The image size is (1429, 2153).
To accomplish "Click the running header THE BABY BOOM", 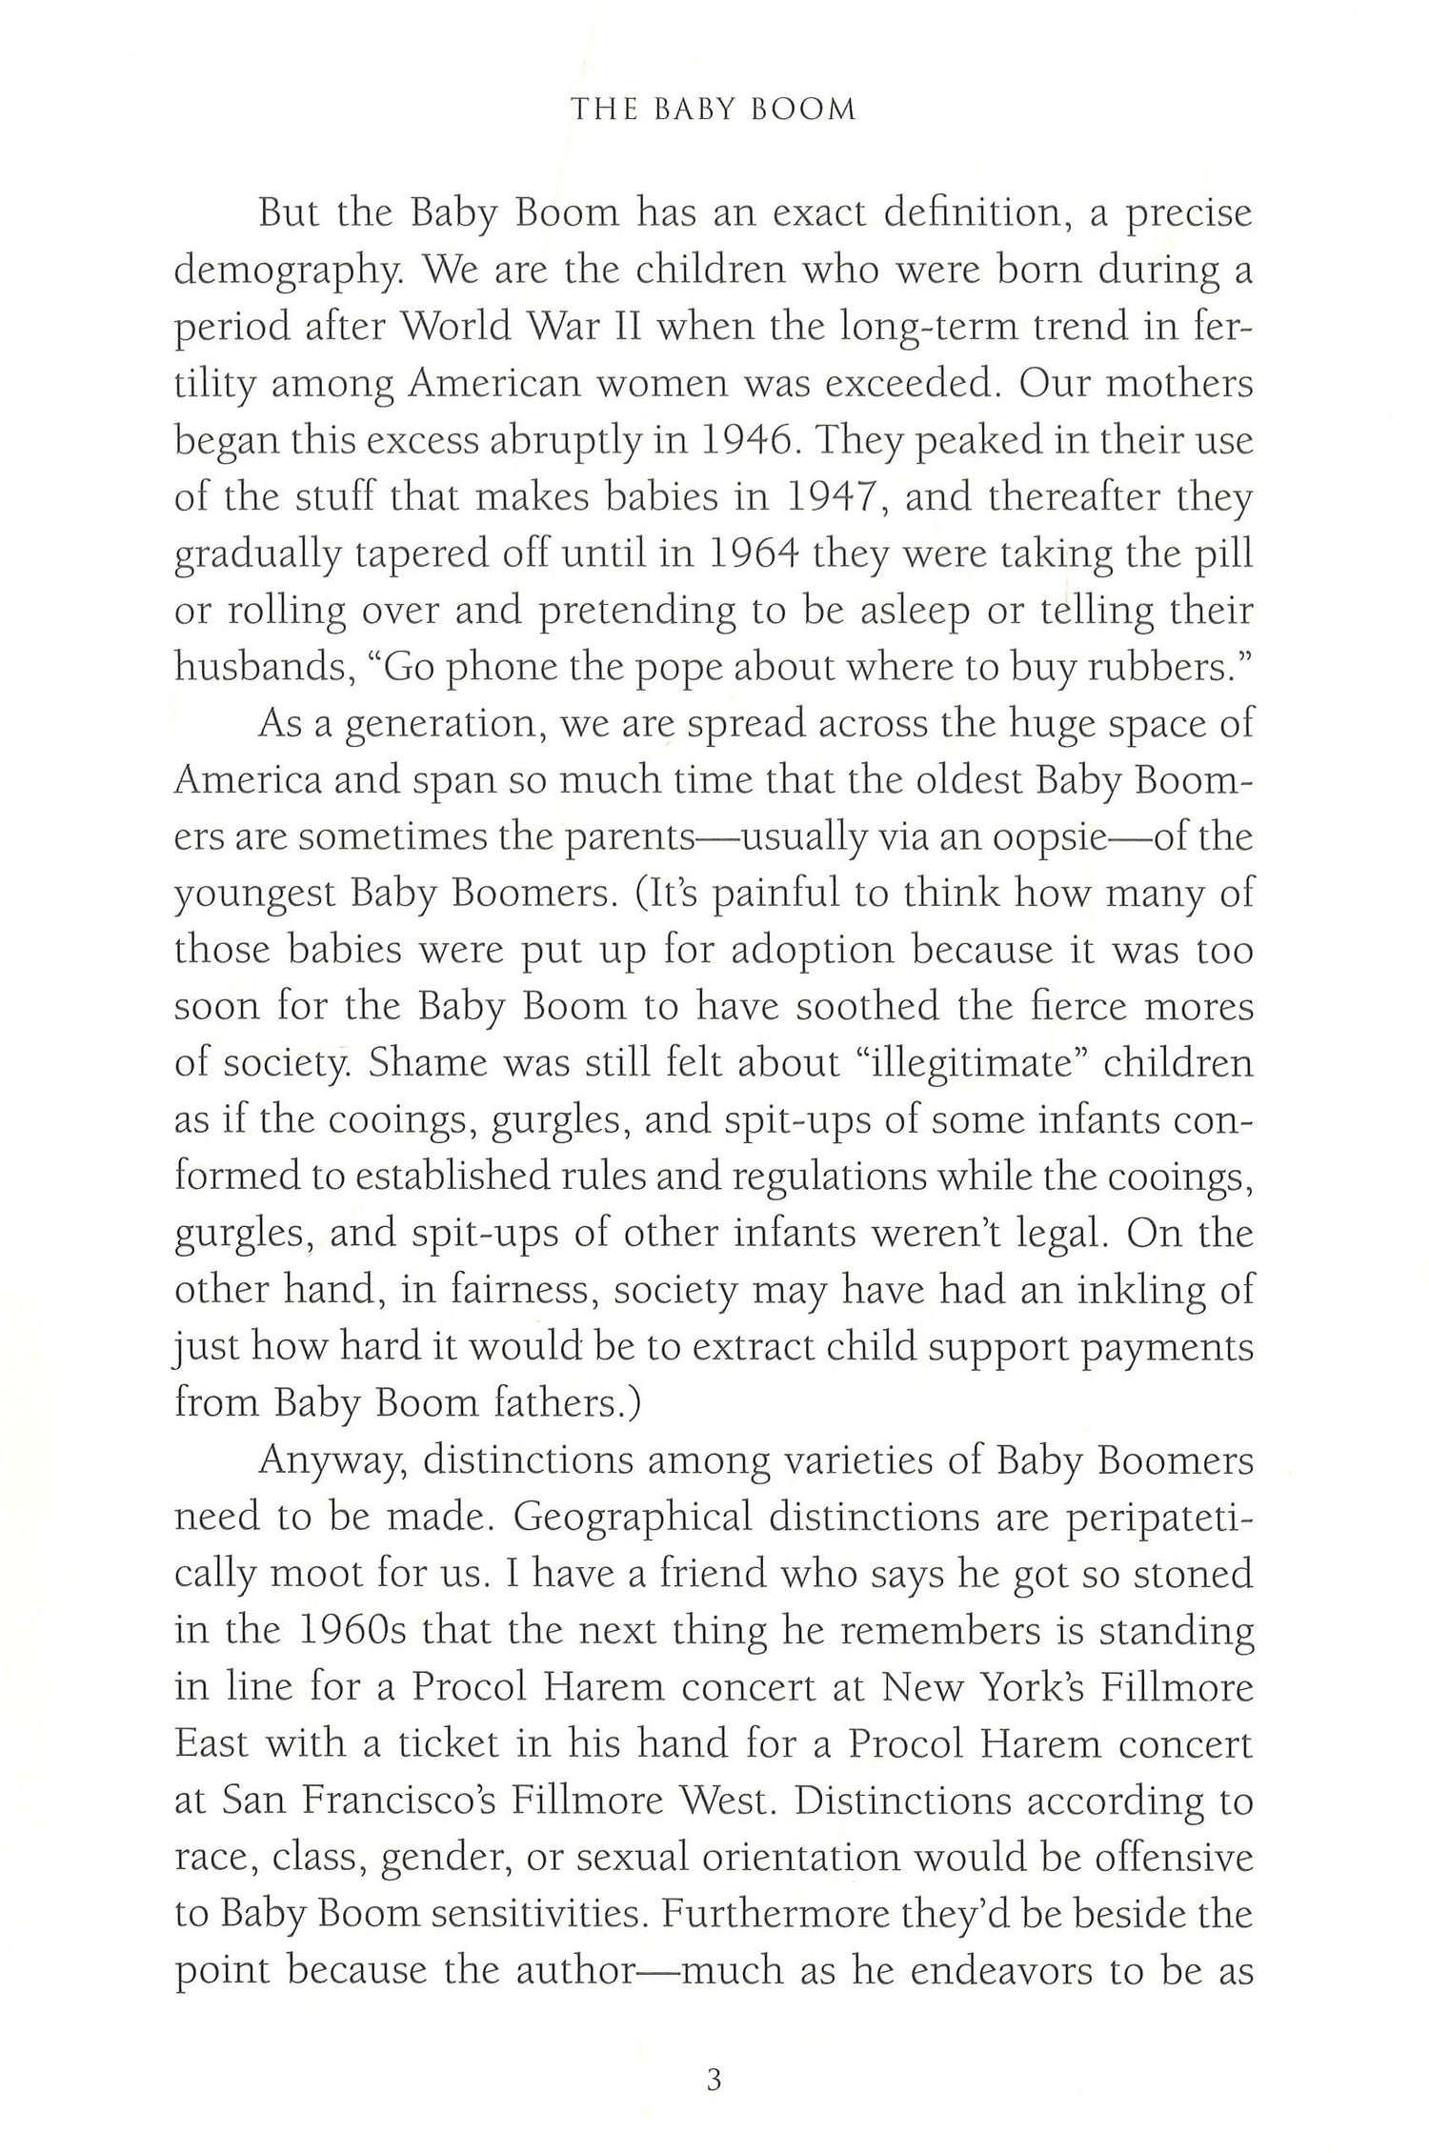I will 714,110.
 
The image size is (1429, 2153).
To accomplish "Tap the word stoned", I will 1194,1573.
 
